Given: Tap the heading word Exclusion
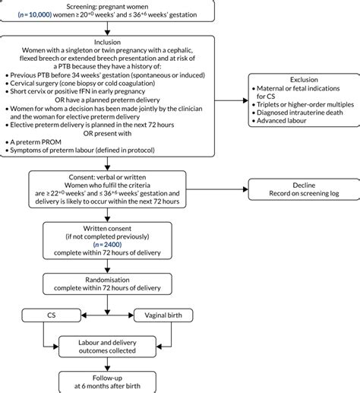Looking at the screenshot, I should tap(298, 79).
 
